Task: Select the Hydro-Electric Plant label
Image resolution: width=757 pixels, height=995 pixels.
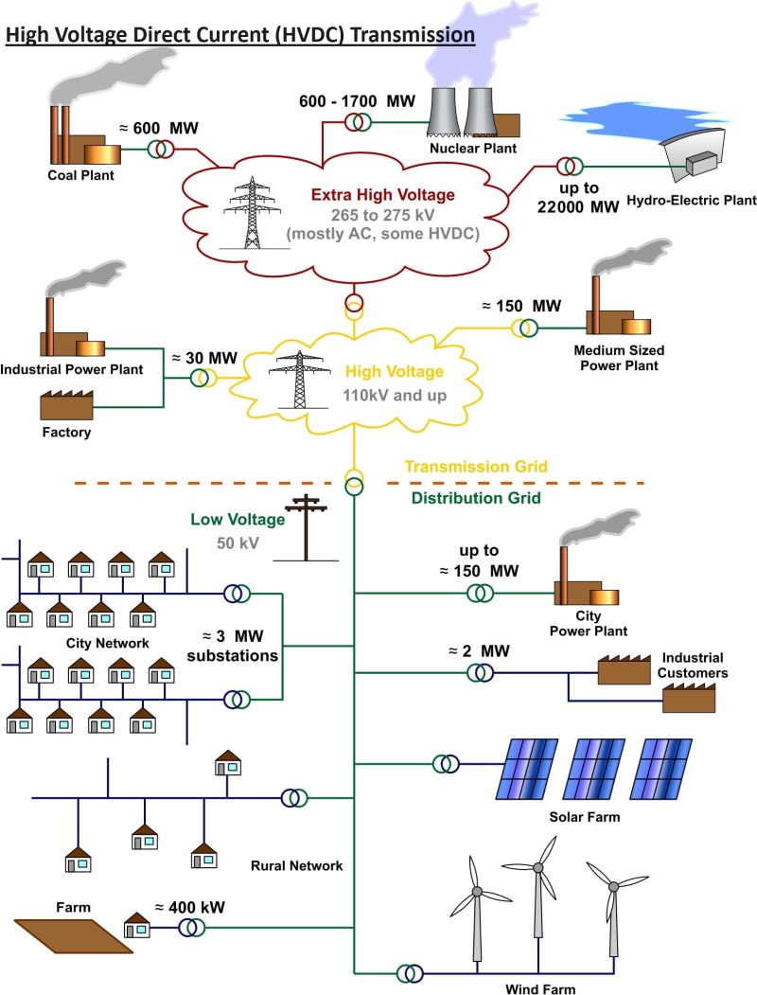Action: pyautogui.click(x=692, y=200)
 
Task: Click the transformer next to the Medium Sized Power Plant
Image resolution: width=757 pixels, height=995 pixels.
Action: pyautogui.click(x=524, y=328)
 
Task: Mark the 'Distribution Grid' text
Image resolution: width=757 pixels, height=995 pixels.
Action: pyautogui.click(x=475, y=498)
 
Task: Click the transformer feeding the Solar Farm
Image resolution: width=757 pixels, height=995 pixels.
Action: pyautogui.click(x=446, y=763)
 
